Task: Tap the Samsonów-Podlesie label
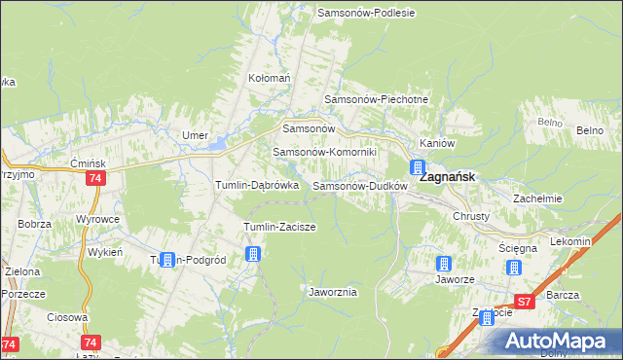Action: [367, 13]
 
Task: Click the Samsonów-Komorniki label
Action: [331, 152]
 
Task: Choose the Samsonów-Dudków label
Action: [358, 185]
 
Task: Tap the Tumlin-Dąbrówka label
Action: [256, 185]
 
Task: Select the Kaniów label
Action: [437, 142]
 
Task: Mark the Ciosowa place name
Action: [67, 317]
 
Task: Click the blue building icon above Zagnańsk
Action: [418, 166]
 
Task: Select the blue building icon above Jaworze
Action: [444, 263]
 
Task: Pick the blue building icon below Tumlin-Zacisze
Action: [254, 255]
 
